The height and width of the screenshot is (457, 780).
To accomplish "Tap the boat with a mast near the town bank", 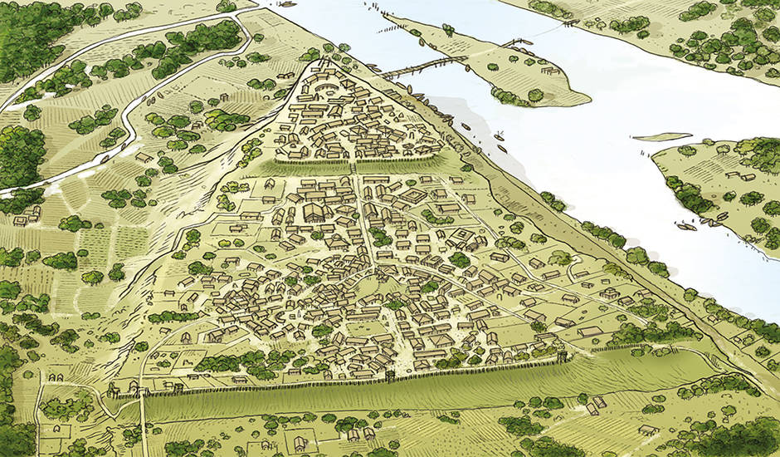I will click(498, 136).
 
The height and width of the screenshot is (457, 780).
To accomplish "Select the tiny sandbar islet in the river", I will click(661, 136).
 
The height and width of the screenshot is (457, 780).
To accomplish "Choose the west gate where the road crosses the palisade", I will click(142, 391).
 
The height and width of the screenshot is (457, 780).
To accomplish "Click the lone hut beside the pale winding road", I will click(143, 156).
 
